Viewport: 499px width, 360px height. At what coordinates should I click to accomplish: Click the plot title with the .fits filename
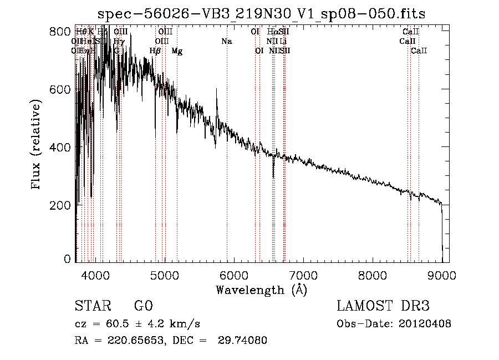point(261,14)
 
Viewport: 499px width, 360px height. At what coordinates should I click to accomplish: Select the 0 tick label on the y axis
point(67,259)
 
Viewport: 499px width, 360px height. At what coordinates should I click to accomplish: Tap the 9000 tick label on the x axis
point(441,275)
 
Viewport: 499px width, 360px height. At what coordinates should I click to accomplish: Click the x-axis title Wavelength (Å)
point(261,290)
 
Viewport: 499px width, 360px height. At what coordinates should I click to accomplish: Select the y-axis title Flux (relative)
point(37,145)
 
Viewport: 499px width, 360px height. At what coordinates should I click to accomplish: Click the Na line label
point(226,42)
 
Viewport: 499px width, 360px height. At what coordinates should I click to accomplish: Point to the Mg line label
point(177,51)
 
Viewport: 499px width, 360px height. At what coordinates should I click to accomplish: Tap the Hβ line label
point(155,51)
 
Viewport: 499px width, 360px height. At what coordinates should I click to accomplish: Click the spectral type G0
point(143,306)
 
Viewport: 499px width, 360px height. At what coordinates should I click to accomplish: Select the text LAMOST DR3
point(383,306)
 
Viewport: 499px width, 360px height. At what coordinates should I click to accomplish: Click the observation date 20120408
point(425,324)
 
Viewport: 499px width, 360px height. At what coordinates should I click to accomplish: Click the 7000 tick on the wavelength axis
point(303,275)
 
